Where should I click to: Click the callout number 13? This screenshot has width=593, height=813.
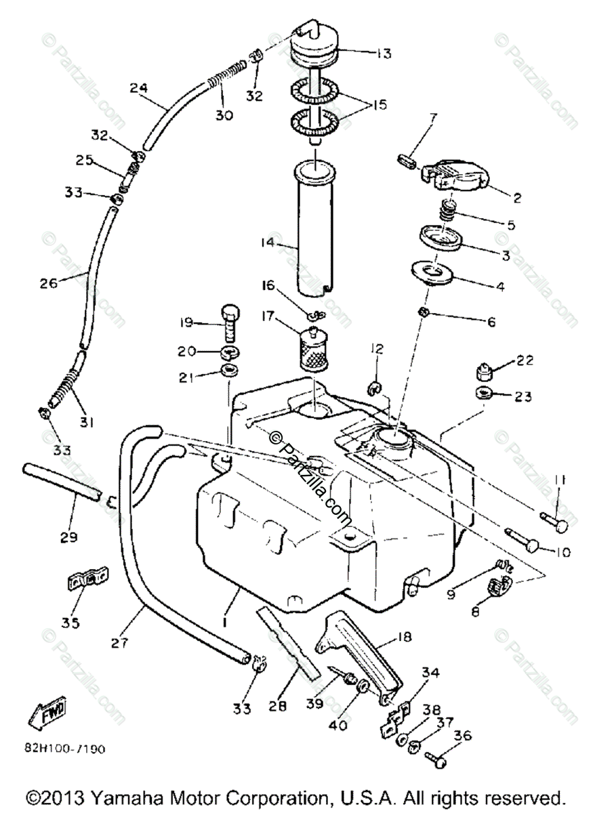(385, 54)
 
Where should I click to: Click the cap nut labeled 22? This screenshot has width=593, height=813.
(483, 371)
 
